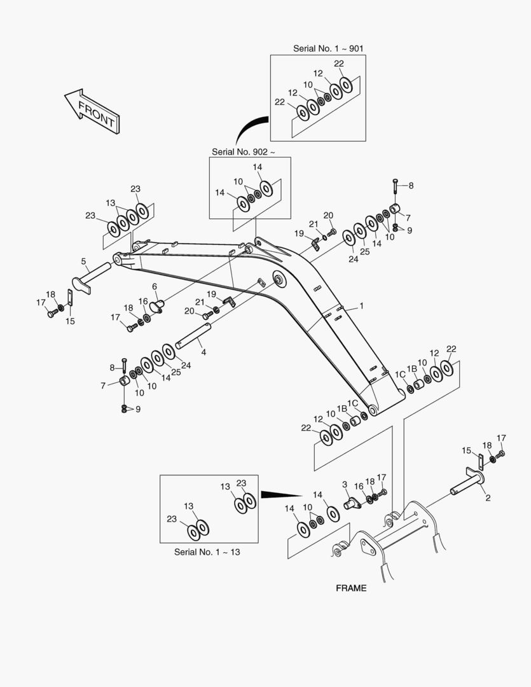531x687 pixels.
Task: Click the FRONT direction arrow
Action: [x=92, y=111]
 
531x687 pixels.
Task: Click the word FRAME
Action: [x=351, y=588]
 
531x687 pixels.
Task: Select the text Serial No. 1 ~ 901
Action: [x=328, y=48]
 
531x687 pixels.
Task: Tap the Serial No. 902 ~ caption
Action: [x=244, y=151]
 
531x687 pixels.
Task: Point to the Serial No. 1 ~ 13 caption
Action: [x=207, y=552]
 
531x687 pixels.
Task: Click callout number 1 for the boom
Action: [x=361, y=306]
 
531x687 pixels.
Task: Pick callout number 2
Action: [x=488, y=497]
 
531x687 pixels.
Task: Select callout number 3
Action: [x=345, y=485]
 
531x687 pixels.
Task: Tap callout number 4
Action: [x=203, y=352]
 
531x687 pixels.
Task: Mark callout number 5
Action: [x=83, y=261]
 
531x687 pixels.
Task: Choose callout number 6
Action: [x=155, y=286]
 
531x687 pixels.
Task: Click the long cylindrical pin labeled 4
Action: [x=193, y=336]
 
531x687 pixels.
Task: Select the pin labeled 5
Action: [x=92, y=278]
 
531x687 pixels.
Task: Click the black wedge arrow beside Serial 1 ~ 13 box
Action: [x=281, y=495]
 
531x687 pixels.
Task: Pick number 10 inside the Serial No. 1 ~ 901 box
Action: [x=308, y=85]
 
